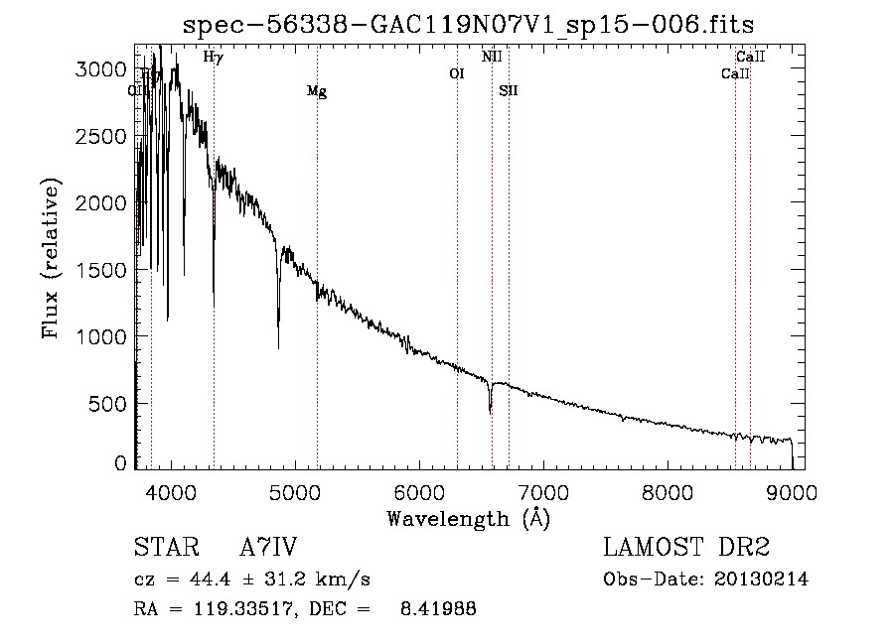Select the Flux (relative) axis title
tap(51, 258)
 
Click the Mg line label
tap(317, 92)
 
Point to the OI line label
tap(457, 73)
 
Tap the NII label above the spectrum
tap(492, 58)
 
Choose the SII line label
tap(509, 91)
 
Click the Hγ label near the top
tap(213, 58)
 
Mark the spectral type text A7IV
tap(269, 549)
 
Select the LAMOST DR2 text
tap(686, 549)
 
